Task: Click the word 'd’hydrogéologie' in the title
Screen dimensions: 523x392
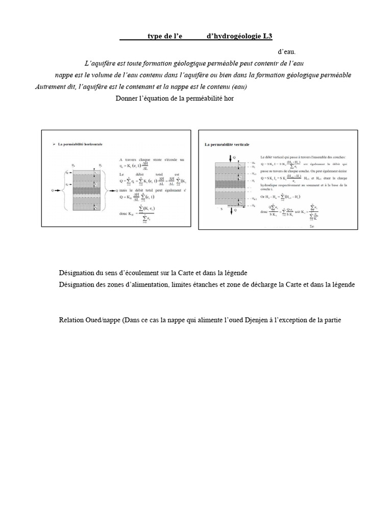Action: pos(233,36)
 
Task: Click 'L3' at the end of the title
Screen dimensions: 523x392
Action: pos(267,36)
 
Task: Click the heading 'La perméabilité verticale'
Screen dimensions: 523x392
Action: pos(227,146)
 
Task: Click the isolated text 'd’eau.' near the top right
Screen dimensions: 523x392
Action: pos(286,52)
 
